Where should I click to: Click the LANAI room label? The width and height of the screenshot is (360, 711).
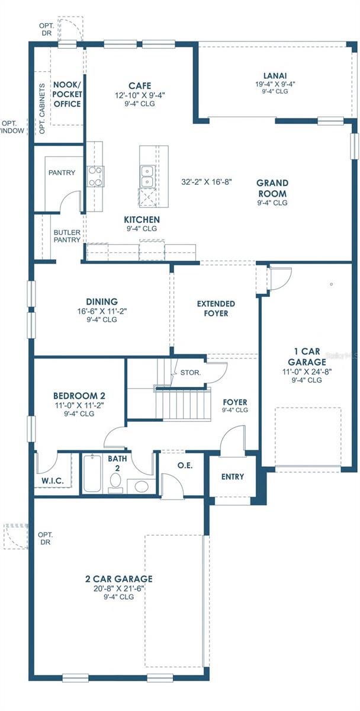[x=275, y=76]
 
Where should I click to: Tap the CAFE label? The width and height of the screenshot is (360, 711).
[x=140, y=86]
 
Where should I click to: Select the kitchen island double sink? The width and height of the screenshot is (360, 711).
[x=147, y=177]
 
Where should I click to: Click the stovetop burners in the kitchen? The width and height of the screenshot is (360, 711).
[x=95, y=177]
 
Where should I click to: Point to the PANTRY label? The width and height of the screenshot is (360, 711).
[x=62, y=172]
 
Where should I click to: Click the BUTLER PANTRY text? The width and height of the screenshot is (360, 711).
[x=67, y=236]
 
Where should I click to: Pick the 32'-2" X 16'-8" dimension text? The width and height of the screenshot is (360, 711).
[x=207, y=182]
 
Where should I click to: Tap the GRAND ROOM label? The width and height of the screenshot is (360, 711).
[x=272, y=188]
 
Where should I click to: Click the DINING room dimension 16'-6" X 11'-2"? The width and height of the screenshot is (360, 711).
[x=102, y=312]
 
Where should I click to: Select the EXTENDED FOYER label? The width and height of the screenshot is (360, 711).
[x=216, y=309]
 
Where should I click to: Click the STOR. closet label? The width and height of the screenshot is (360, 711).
[x=190, y=373]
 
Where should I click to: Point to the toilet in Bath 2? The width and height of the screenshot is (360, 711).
[x=115, y=483]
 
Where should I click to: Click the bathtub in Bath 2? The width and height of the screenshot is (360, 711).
[x=92, y=473]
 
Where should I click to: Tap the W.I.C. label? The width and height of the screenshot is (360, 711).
[x=52, y=481]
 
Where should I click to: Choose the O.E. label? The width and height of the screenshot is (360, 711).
[x=185, y=465]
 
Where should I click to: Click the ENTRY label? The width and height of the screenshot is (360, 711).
[x=233, y=476]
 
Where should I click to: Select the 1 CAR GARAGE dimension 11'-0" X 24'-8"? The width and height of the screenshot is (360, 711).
[x=307, y=371]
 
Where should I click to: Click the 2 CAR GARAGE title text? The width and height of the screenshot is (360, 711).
[x=118, y=579]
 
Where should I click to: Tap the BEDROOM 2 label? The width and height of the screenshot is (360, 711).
[x=79, y=396]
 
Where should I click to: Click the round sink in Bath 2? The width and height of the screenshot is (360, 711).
[x=142, y=486]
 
